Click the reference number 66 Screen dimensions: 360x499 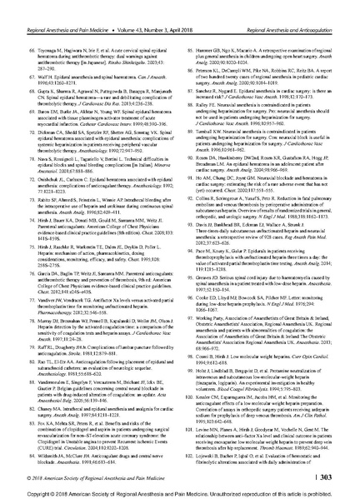22,27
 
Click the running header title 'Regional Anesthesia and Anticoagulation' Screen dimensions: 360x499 292,8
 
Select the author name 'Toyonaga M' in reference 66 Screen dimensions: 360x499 42,27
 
